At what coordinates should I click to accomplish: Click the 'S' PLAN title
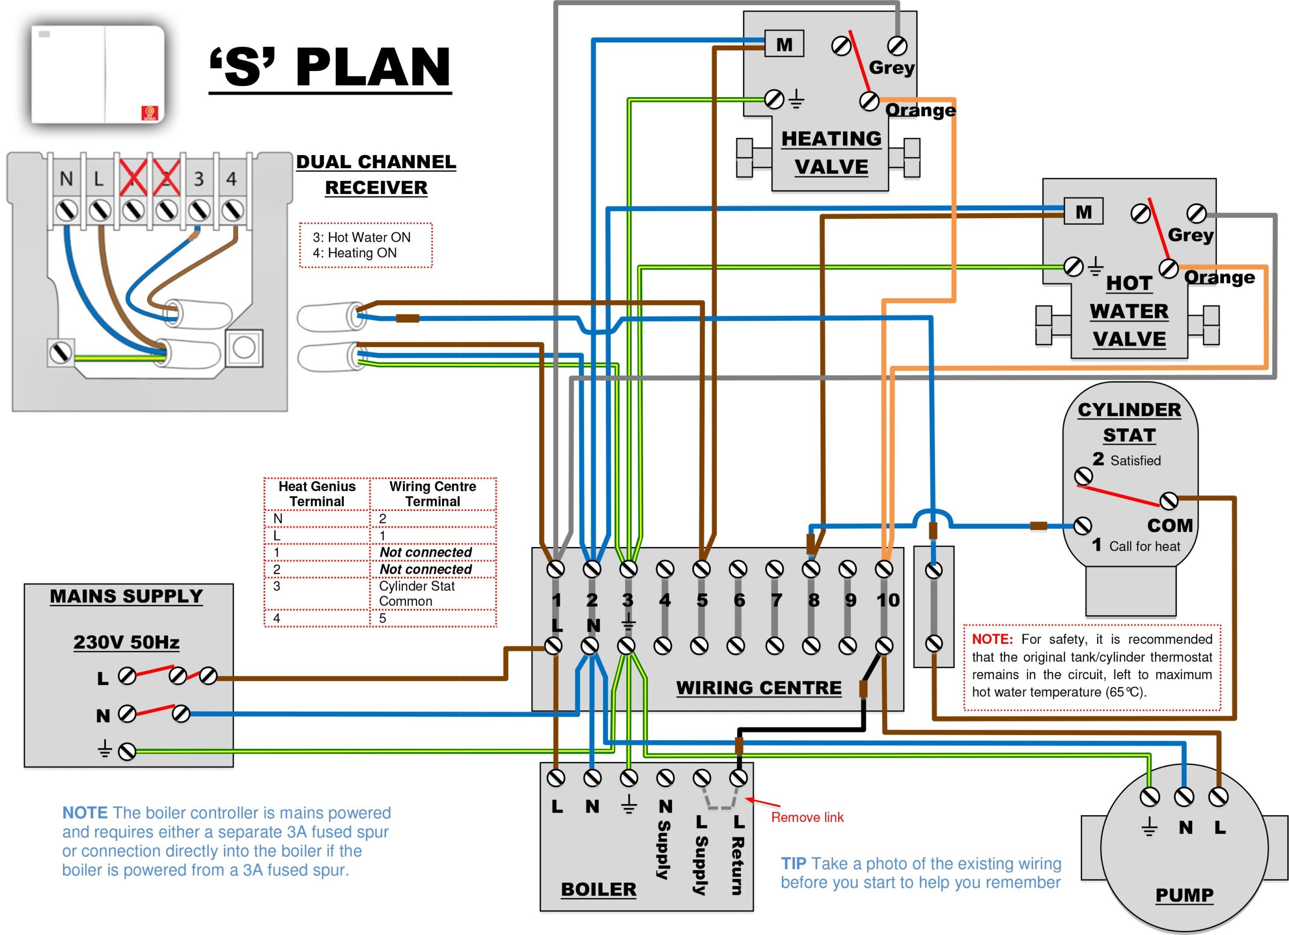(x=330, y=67)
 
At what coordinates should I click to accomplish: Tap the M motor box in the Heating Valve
(x=784, y=44)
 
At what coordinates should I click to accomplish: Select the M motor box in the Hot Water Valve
(x=1083, y=212)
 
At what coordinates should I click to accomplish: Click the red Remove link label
(x=807, y=817)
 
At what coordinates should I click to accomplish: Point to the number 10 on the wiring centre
(x=888, y=600)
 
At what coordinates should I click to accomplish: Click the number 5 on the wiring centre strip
(x=702, y=600)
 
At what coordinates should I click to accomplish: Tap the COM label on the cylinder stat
(x=1170, y=525)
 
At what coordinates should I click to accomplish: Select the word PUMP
(x=1184, y=895)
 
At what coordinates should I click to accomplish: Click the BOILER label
(x=599, y=889)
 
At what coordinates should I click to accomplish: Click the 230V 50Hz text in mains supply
(x=126, y=642)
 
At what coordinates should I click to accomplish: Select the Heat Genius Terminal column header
(x=317, y=494)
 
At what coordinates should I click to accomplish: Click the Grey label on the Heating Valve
(x=891, y=68)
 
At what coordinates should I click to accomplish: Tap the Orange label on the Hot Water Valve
(x=1219, y=278)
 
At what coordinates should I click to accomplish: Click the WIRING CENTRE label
(x=759, y=688)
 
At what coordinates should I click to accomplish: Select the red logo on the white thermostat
(x=149, y=113)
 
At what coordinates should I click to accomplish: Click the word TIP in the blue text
(x=794, y=863)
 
